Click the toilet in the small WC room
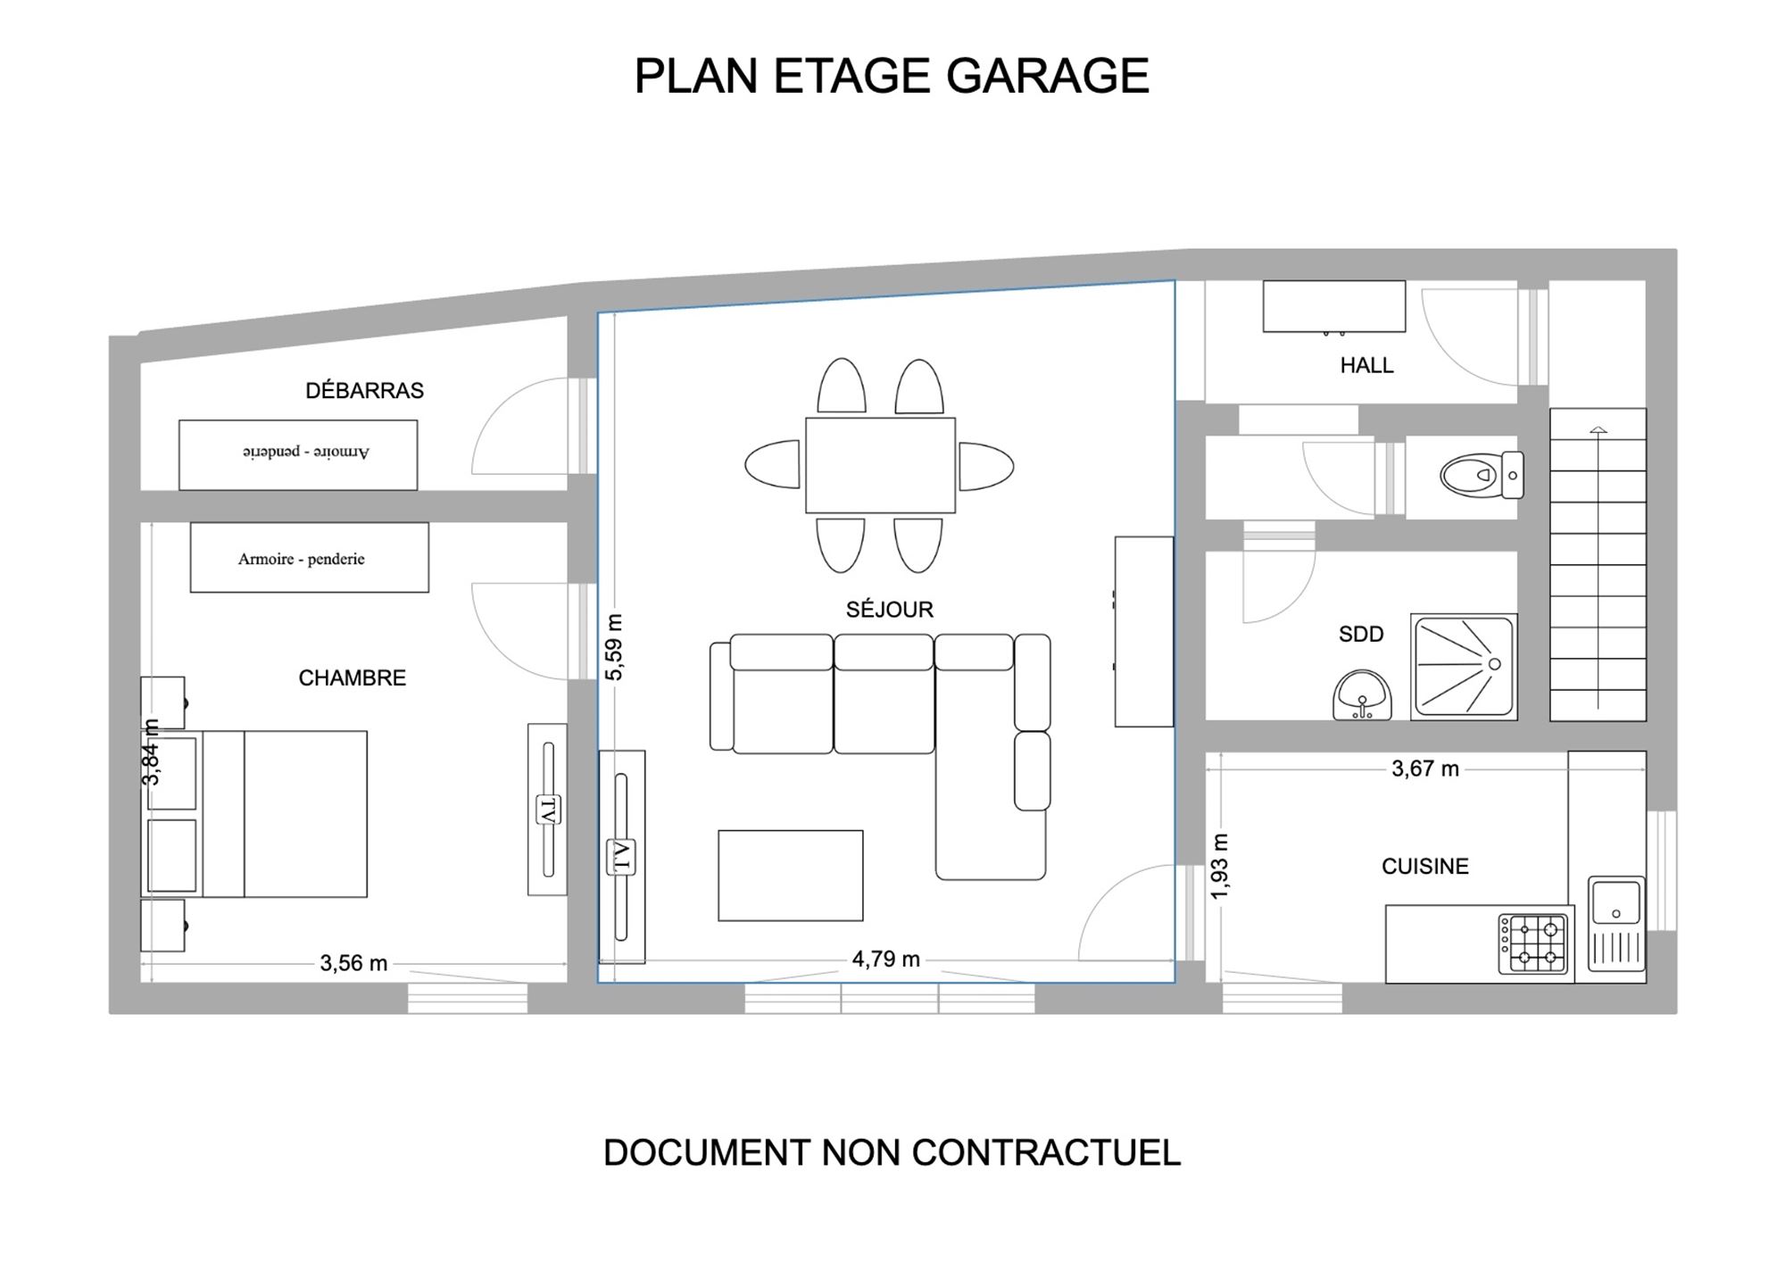tap(1482, 475)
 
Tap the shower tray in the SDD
tap(1464, 666)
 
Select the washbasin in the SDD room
tap(1362, 695)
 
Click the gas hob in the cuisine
tap(1535, 943)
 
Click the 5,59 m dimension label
tap(615, 647)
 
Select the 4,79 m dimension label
tap(885, 959)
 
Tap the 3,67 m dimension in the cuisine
tap(1425, 769)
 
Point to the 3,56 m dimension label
tap(353, 963)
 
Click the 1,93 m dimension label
tap(1220, 866)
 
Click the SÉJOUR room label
tap(890, 610)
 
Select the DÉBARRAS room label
tap(364, 390)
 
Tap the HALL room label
tap(1366, 365)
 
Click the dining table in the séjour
tap(880, 465)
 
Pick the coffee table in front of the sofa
tap(791, 876)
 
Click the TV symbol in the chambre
tap(547, 809)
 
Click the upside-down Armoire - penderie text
tap(305, 452)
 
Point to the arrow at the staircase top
tap(1598, 430)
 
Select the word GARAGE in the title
tap(1048, 76)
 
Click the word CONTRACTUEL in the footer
tap(1046, 1152)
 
